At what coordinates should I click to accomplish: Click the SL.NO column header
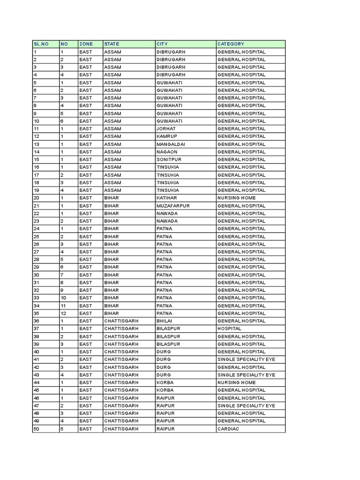41,44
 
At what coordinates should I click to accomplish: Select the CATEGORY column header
231,44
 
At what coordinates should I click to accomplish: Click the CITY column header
162,44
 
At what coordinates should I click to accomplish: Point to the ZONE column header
86,44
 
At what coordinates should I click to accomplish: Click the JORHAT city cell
165,129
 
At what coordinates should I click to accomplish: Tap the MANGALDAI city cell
171,144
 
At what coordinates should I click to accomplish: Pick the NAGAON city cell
165,152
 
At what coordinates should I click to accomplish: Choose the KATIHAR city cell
166,198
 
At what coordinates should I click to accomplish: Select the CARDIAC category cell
227,429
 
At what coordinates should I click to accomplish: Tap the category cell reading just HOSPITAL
229,329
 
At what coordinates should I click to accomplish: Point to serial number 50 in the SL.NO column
36,429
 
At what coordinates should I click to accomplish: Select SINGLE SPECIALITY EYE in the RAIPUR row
246,405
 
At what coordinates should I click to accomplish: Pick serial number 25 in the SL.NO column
36,236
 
